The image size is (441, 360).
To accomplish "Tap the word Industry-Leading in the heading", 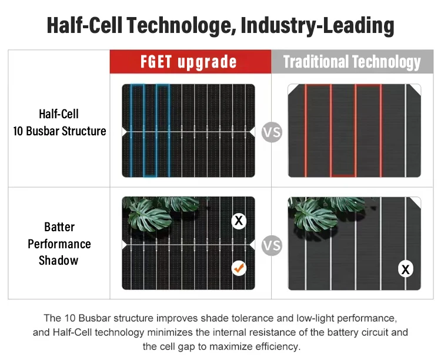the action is [x=318, y=26].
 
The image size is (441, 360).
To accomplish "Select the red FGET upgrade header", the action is [x=191, y=62].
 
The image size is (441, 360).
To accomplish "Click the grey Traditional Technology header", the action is [x=352, y=62].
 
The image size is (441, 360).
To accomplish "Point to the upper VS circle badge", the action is [x=272, y=132].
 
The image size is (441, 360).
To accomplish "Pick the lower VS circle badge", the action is [x=272, y=245].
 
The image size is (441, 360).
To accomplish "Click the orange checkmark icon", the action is [x=239, y=268].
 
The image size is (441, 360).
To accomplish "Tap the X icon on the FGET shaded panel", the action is [x=239, y=221].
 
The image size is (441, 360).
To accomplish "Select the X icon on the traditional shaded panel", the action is [x=406, y=269].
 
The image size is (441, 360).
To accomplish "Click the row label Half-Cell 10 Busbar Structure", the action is [x=59, y=122].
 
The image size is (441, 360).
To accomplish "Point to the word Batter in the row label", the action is [x=59, y=227].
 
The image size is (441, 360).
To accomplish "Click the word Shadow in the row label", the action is [x=58, y=261].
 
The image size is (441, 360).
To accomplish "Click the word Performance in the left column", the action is [x=59, y=244].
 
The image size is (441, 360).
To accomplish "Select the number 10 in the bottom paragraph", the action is [x=70, y=318].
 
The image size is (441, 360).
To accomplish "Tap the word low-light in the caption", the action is [x=315, y=318].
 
